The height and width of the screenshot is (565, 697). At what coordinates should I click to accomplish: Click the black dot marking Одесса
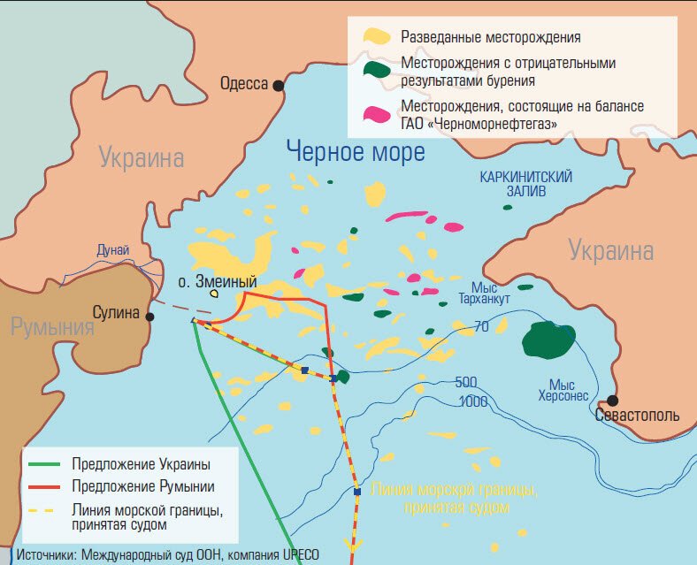point(279,85)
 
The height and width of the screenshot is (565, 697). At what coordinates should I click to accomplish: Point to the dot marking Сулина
point(150,317)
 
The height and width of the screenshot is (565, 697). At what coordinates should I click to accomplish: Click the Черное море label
point(356,152)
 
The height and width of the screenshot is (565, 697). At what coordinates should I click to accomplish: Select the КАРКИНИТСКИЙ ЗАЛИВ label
point(526,183)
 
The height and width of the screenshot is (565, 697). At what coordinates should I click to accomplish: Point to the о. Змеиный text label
point(218,282)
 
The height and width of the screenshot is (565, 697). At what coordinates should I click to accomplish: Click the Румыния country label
point(52,328)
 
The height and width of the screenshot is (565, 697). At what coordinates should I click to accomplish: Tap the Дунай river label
point(113,251)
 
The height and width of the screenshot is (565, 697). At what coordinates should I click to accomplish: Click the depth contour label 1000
point(474,402)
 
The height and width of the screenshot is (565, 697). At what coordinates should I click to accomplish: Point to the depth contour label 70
point(481,326)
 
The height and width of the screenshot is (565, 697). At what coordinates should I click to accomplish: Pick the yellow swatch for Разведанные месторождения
point(377,37)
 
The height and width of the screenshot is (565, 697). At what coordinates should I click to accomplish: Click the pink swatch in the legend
point(377,113)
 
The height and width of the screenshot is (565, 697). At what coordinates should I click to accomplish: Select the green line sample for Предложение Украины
point(46,464)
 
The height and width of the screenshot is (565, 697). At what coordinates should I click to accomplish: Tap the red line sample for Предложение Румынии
point(46,486)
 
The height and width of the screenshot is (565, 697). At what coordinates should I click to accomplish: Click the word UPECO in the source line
point(296,555)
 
